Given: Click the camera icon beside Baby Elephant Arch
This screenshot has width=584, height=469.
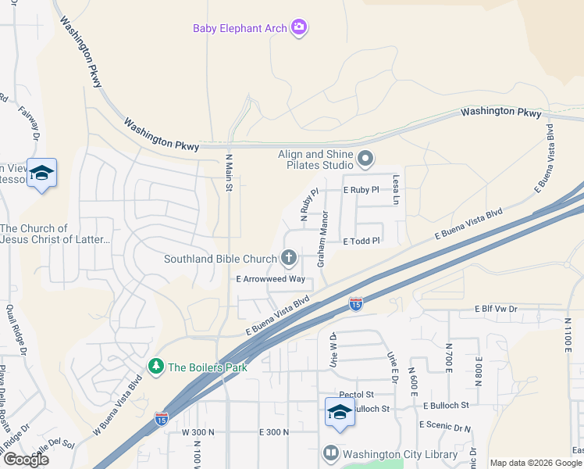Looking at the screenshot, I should (298, 29).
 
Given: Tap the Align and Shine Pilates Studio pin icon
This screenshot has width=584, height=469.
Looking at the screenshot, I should (365, 160).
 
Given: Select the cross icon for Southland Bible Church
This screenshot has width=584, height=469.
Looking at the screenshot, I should (289, 258).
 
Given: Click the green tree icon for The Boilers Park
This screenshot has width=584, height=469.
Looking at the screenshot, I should (156, 367).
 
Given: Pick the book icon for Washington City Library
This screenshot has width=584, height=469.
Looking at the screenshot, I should (331, 453).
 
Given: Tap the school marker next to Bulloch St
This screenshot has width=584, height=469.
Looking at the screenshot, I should (340, 412).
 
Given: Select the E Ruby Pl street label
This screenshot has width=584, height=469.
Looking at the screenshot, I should (361, 190).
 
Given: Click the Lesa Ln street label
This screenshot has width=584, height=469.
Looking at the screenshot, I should (396, 190).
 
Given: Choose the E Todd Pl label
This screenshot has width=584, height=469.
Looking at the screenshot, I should (361, 242).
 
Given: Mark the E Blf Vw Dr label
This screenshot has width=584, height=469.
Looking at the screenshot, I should (496, 310).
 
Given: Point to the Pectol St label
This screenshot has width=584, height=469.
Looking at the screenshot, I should (358, 396).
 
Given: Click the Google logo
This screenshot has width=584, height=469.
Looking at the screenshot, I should (25, 459).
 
